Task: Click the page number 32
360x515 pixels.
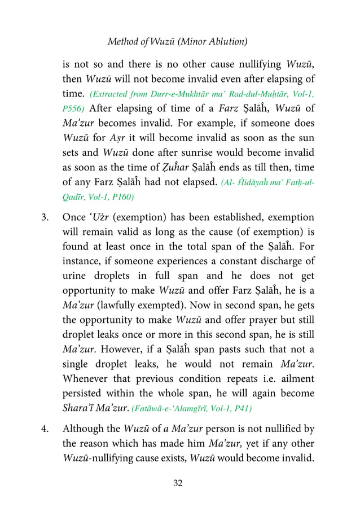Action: (180, 483)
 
